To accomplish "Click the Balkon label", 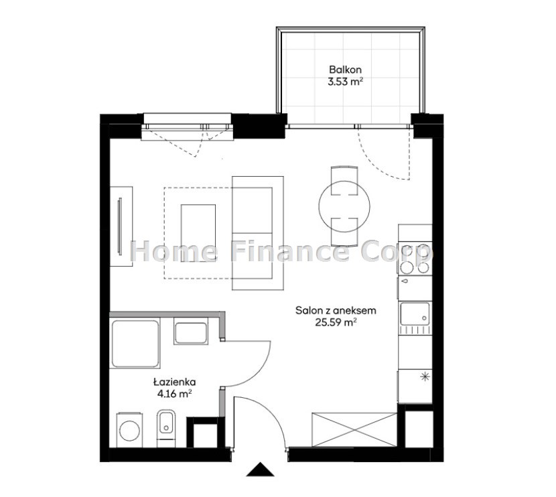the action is point(345,70).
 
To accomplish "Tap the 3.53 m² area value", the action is point(345,82).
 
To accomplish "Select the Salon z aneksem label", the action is point(336,311).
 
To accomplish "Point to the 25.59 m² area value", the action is point(336,323).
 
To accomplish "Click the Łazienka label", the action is point(174,382).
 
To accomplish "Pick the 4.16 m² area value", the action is point(175,394).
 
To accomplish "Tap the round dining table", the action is point(344,206).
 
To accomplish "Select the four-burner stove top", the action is point(415,259).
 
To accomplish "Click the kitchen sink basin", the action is point(415,313).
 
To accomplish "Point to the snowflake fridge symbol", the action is point(425,376).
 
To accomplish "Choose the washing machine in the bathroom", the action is point(129,430).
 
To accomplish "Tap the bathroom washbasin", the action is point(191,333).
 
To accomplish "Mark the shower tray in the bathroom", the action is point(135,344).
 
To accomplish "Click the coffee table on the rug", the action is point(198,233).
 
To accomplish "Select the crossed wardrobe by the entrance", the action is point(354,429).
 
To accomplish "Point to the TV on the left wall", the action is point(119,226).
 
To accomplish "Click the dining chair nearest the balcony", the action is point(344,180).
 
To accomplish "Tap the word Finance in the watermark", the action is point(288,251).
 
